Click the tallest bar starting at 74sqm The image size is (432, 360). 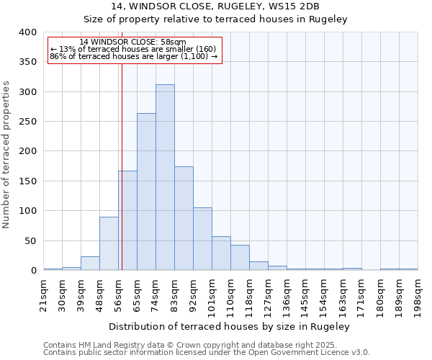tap(165, 177)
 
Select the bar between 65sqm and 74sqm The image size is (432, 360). tap(146, 192)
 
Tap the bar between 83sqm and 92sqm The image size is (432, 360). tap(184, 218)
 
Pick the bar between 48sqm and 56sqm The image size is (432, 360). tap(109, 243)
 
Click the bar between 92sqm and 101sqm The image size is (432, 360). tap(202, 239)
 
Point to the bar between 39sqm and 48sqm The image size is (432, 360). tap(90, 264)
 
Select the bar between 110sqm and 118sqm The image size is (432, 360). tap(240, 258)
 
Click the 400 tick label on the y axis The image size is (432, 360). tap(28, 32)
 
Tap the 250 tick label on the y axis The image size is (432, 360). tap(28, 122)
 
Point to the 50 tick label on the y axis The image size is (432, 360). tap(31, 240)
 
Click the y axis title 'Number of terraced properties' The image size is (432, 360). tap(7, 154)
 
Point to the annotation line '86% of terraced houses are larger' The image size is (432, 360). tap(133, 56)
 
